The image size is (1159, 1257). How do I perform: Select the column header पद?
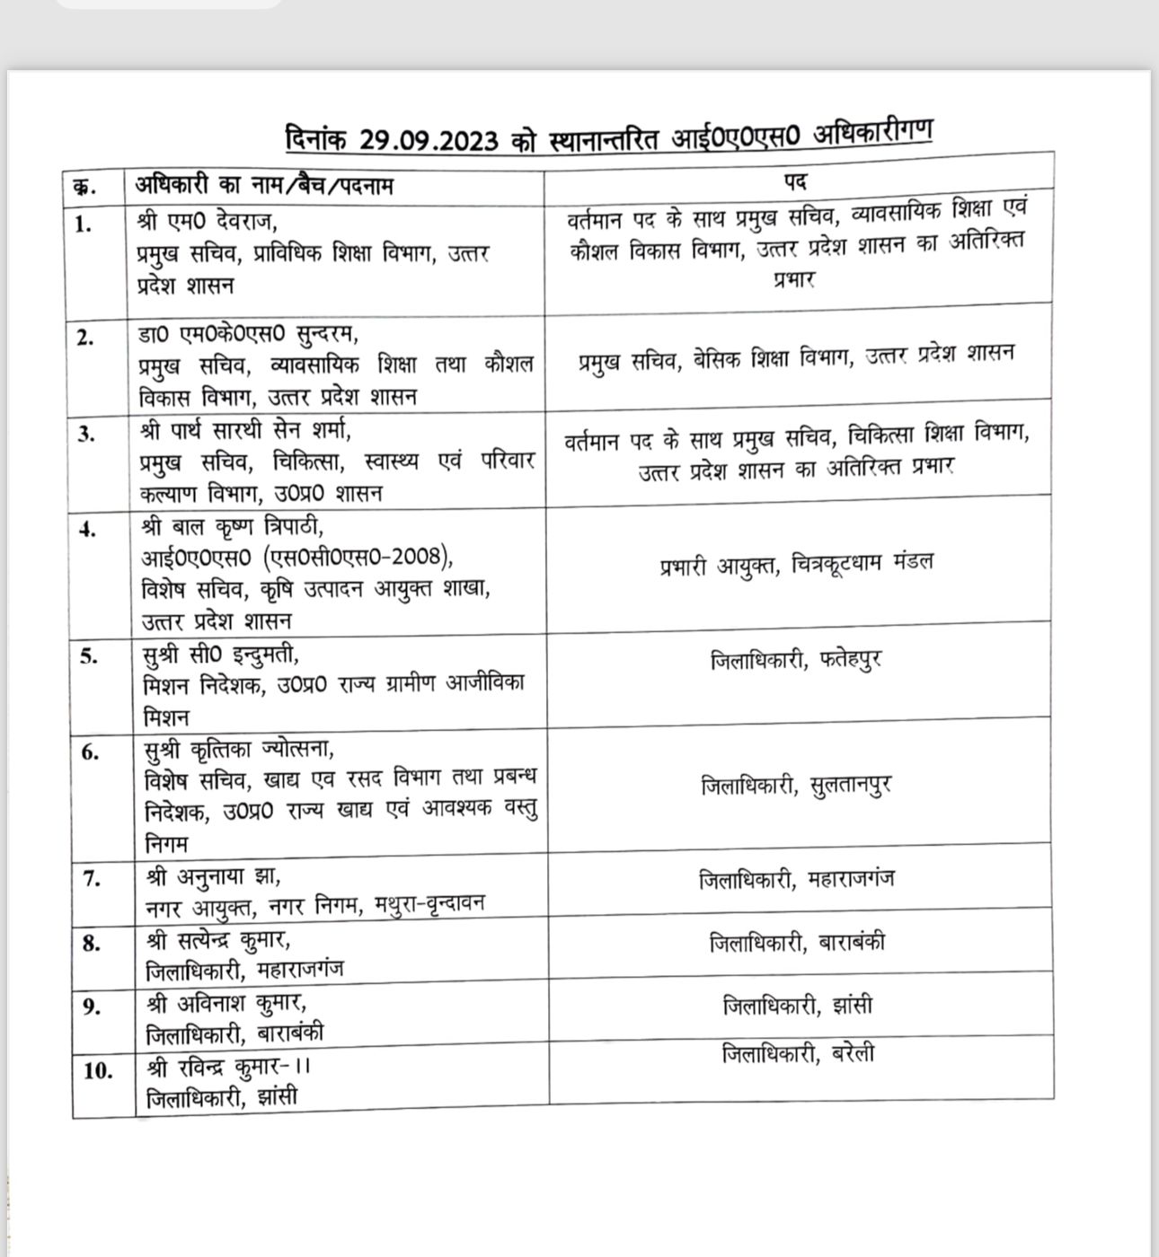point(794,181)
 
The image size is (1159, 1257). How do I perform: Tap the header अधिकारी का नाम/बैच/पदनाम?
point(264,185)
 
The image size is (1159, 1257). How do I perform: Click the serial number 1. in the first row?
point(84,224)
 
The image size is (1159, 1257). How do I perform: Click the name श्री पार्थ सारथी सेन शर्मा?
point(245,430)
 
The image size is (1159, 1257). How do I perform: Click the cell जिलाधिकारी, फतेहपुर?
point(796,660)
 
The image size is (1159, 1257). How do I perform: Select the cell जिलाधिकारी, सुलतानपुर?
point(796,786)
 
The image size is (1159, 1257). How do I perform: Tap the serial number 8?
point(90,943)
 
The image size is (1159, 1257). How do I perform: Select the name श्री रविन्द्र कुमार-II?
point(229,1067)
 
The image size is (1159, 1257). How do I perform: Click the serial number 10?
point(97,1070)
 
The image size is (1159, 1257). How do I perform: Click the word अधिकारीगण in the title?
point(871,133)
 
